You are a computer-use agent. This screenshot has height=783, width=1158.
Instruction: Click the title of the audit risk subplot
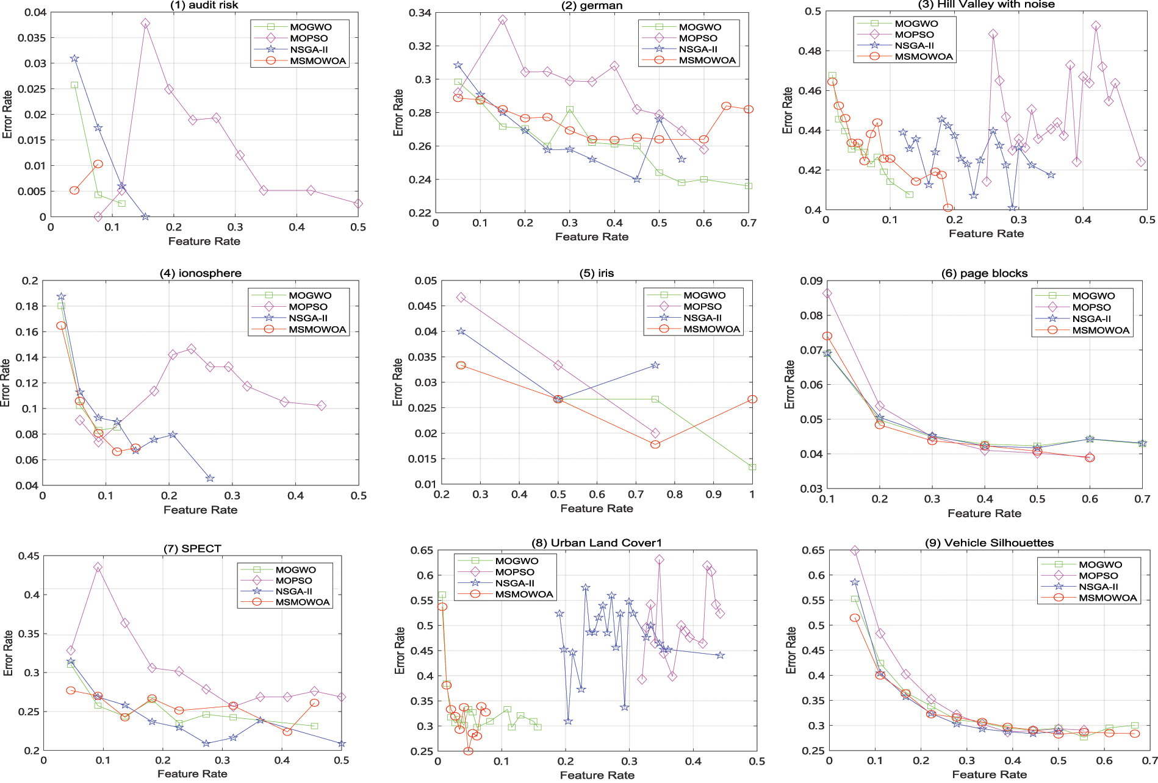(x=204, y=5)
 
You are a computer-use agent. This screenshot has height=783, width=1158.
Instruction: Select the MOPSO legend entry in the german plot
(x=698, y=38)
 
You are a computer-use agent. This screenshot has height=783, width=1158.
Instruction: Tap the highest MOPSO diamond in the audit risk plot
(x=145, y=23)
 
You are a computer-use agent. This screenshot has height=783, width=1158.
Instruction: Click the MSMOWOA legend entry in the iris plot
(x=711, y=329)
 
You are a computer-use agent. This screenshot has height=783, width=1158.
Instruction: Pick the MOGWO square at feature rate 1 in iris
(x=752, y=467)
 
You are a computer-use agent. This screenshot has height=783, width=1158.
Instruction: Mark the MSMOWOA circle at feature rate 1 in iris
(x=752, y=399)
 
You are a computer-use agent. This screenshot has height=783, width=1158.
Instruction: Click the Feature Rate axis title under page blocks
(x=984, y=513)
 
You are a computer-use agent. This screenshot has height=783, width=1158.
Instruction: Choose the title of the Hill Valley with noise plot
(x=986, y=5)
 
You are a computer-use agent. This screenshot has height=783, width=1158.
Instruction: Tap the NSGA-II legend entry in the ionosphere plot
(x=308, y=318)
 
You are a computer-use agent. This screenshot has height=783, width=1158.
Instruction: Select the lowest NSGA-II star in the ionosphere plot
(x=210, y=478)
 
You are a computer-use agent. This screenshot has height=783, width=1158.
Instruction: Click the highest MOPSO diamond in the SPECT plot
(x=98, y=567)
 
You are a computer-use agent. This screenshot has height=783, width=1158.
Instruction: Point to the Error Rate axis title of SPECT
(x=8, y=652)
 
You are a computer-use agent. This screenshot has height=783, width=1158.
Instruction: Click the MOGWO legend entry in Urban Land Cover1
(x=516, y=561)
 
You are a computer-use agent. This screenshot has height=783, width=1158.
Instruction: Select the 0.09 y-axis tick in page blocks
(x=811, y=281)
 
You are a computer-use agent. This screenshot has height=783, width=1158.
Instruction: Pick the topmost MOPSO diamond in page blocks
(x=827, y=293)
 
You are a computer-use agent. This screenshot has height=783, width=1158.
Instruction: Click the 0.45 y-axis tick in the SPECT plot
(x=28, y=556)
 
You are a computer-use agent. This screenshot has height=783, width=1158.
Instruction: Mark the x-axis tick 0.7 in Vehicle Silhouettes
(x=1149, y=760)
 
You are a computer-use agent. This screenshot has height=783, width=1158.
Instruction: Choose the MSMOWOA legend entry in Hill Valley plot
(x=923, y=57)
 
